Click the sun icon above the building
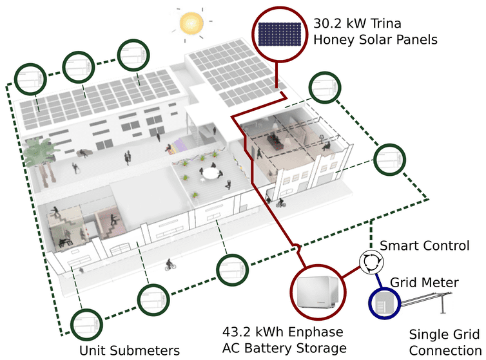191,24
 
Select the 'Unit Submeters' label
129,350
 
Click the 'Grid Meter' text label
425,282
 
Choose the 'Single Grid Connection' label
445,342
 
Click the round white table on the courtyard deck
210,173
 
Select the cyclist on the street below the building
170,264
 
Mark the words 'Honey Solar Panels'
375,39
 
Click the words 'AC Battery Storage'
284,348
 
